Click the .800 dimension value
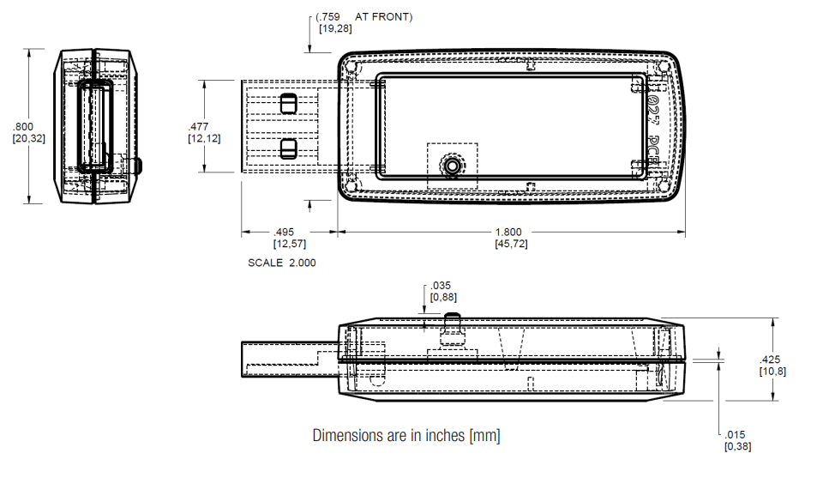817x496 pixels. click(22, 126)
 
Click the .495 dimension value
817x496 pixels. click(284, 232)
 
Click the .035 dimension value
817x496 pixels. click(442, 286)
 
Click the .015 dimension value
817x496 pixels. click(736, 435)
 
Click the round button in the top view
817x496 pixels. click(451, 165)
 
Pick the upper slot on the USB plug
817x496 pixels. click(288, 104)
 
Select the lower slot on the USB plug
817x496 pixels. click(288, 148)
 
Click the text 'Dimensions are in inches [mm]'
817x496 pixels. click(405, 436)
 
